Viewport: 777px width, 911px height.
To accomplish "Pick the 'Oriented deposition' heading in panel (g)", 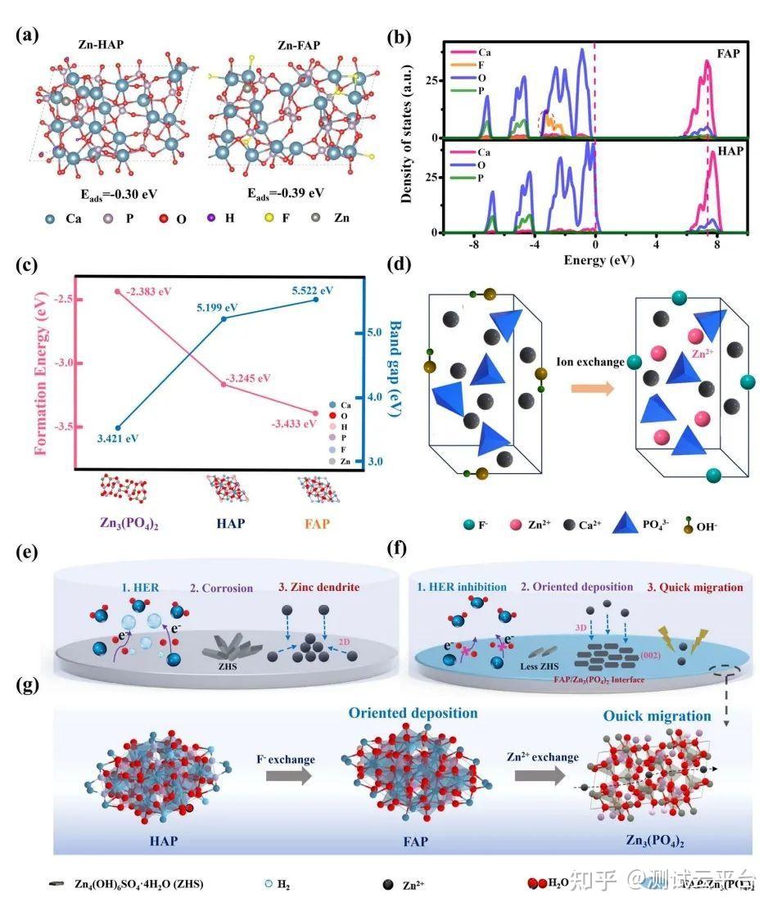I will tap(413, 713).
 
